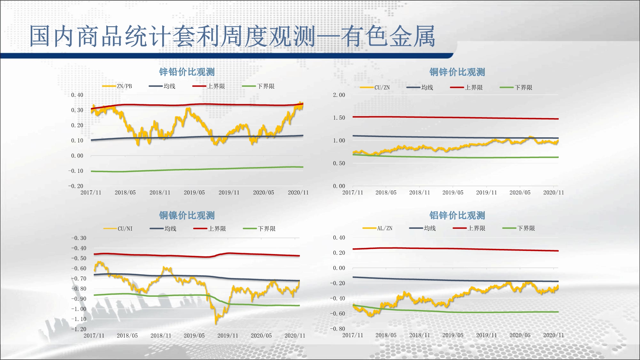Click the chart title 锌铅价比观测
187,72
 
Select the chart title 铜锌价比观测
457,72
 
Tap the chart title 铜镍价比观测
187,215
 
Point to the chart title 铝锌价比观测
457,215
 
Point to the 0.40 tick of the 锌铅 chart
77,95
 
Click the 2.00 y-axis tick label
339,95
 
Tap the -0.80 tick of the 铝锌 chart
338,329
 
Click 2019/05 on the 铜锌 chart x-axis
453,192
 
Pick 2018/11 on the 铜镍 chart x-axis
161,335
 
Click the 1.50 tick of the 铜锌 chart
339,118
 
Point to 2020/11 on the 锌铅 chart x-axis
298,192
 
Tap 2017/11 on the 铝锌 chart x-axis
353,335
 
